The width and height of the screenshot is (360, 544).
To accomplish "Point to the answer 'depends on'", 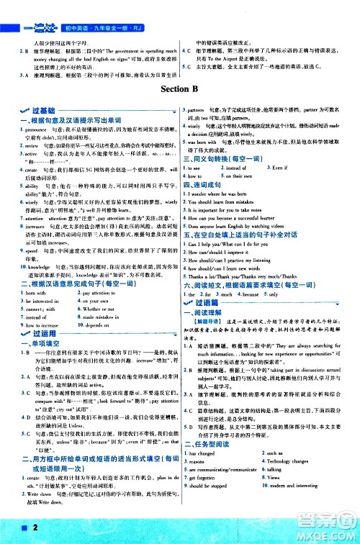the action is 115,345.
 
